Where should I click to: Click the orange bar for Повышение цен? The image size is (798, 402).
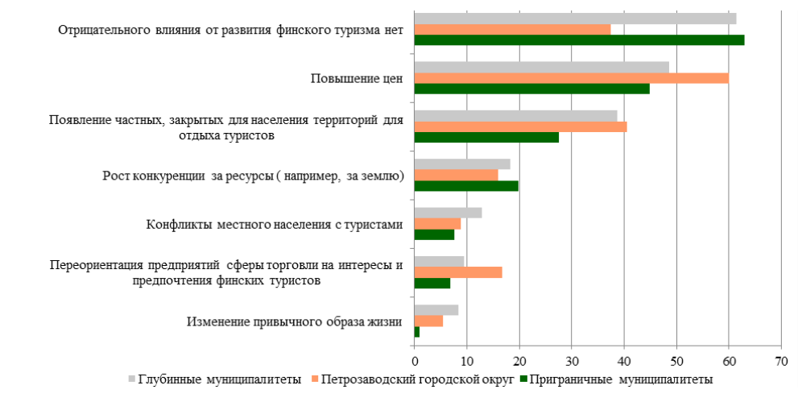(571, 78)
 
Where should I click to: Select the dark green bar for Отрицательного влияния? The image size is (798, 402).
(578, 40)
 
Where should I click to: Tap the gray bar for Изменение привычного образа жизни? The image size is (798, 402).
(436, 310)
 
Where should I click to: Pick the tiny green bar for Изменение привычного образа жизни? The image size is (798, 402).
(416, 331)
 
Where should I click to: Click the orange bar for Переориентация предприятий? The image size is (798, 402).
(457, 272)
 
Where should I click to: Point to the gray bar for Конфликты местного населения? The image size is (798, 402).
(448, 213)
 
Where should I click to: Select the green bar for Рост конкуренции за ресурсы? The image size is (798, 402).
(465, 186)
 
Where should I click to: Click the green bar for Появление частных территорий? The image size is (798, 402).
(486, 137)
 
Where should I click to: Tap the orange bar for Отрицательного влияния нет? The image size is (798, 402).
(512, 30)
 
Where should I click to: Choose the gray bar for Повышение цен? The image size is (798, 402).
(541, 67)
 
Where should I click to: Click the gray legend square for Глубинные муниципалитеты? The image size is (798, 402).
(131, 379)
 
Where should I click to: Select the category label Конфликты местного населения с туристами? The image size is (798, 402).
(274, 225)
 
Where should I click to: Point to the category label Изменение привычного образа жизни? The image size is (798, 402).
(294, 321)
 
